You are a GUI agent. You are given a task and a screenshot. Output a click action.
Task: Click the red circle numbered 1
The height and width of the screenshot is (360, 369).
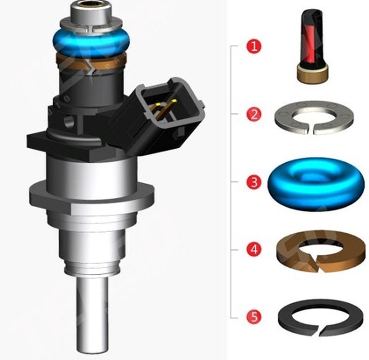[254, 46]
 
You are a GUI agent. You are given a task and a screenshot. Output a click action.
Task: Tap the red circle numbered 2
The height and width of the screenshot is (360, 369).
[254, 114]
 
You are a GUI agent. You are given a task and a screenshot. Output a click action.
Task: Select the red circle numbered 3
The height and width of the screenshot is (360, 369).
[254, 182]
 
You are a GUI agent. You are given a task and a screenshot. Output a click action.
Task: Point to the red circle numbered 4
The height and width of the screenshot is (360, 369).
[254, 250]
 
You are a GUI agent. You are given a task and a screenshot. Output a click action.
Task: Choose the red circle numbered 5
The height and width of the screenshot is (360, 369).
[254, 317]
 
